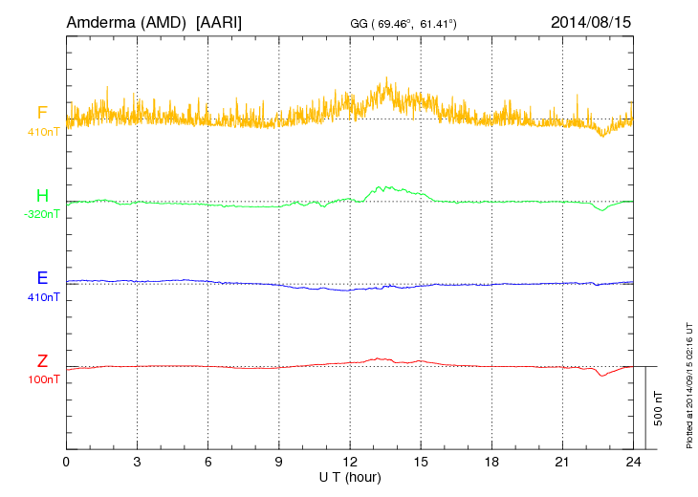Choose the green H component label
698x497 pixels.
(x=42, y=197)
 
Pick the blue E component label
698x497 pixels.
(x=42, y=279)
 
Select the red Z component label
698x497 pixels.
(x=42, y=361)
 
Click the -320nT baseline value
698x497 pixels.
(x=42, y=215)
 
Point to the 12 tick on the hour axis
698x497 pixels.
(x=349, y=463)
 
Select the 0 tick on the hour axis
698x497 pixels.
(x=66, y=463)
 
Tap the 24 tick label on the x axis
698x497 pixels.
(x=632, y=463)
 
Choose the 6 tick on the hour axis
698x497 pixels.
(x=207, y=463)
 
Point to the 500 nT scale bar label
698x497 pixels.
(x=659, y=407)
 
